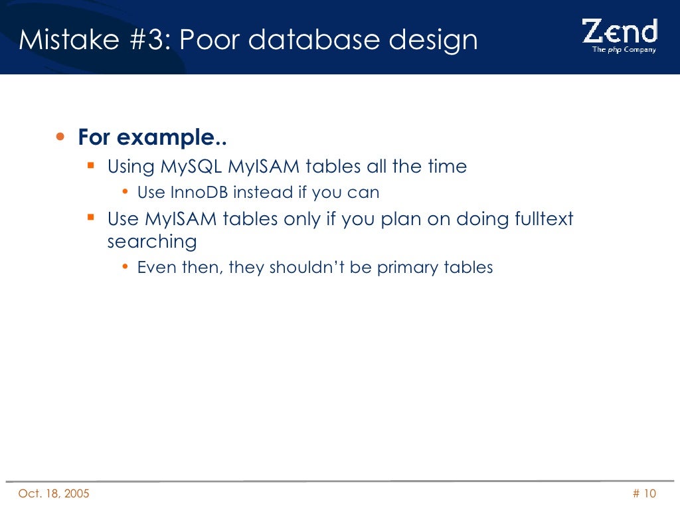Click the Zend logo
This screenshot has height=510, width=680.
point(619,31)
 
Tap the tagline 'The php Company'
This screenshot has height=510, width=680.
point(624,49)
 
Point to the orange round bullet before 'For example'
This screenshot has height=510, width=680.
point(61,137)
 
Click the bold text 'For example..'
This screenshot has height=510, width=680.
point(152,138)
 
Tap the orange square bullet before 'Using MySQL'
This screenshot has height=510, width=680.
point(92,165)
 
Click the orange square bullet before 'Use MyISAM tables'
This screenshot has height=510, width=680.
point(92,217)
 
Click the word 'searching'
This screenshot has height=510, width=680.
point(152,242)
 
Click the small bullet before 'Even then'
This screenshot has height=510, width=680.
point(126,268)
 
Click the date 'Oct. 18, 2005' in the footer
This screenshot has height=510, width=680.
point(54,493)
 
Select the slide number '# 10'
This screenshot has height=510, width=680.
point(643,493)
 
